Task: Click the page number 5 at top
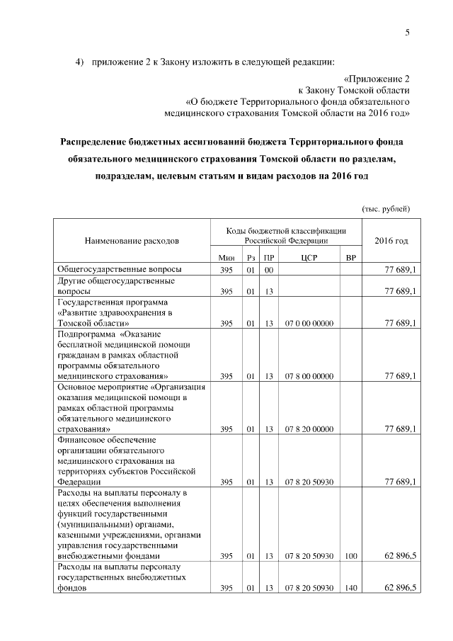[x=408, y=32]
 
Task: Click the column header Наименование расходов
[x=132, y=241]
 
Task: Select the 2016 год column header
[x=391, y=241]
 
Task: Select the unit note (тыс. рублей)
[x=386, y=209]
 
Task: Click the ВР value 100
[x=350, y=556]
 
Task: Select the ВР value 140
[x=350, y=588]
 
